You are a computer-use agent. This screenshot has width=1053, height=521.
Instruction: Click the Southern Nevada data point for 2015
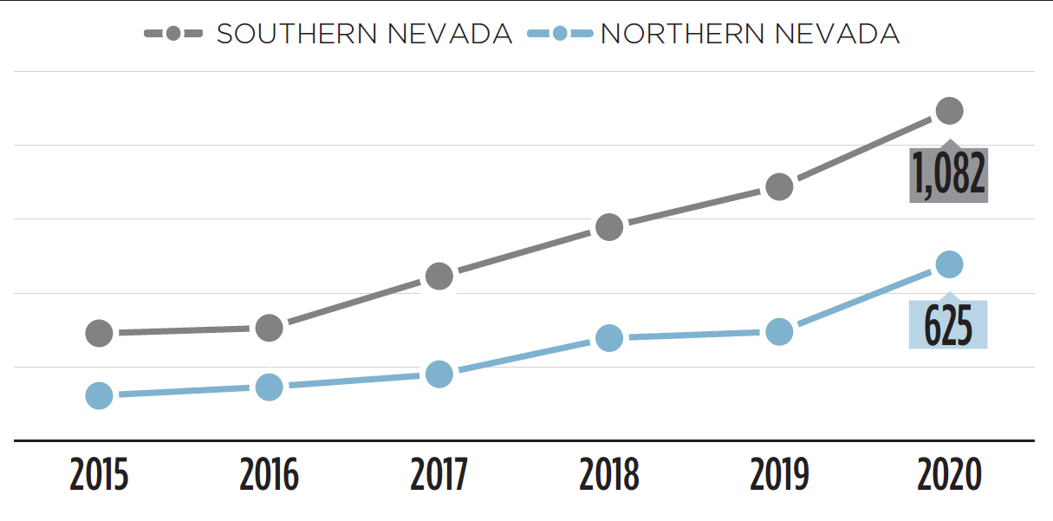click(x=100, y=333)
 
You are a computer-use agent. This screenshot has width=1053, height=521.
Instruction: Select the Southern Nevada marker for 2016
click(x=270, y=328)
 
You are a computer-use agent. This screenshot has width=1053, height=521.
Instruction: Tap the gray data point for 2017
click(x=439, y=277)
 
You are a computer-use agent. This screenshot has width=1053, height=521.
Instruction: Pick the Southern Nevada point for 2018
click(x=609, y=227)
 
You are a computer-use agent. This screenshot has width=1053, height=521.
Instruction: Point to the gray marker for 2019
click(x=779, y=186)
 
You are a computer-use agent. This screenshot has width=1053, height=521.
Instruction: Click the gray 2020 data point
click(x=949, y=110)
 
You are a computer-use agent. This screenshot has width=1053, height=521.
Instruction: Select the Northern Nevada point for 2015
click(x=100, y=395)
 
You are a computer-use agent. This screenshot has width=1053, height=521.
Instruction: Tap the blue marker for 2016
click(x=270, y=387)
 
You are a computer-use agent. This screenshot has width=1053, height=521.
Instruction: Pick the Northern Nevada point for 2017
click(x=439, y=374)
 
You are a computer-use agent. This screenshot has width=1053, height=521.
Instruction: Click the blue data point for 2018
click(x=609, y=337)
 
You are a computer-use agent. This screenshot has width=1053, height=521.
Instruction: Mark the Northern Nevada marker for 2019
click(x=779, y=331)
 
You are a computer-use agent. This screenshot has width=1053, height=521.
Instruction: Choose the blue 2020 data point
click(x=949, y=264)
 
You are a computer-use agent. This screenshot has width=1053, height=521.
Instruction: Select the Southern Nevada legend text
click(x=364, y=34)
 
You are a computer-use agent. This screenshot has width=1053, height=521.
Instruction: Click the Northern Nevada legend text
click(x=750, y=34)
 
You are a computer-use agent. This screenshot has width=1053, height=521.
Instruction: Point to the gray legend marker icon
click(x=173, y=34)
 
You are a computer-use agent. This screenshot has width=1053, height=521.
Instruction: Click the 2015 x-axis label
click(x=100, y=476)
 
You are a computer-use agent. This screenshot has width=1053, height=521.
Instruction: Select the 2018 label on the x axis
click(x=609, y=476)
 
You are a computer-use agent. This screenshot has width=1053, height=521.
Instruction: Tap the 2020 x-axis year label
click(x=949, y=476)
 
